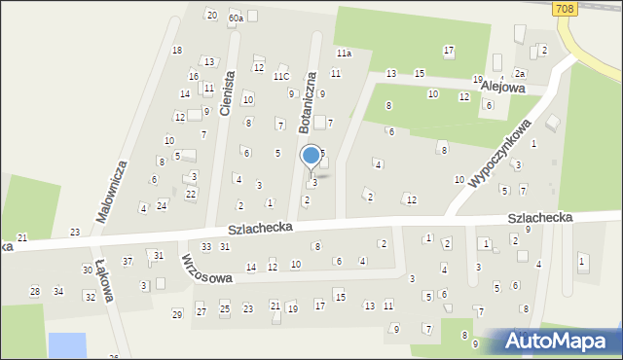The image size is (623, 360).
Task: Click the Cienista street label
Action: pyautogui.click(x=227, y=94)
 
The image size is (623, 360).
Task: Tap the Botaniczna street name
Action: pyautogui.click(x=308, y=101)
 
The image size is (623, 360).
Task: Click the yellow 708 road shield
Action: pyautogui.click(x=564, y=8)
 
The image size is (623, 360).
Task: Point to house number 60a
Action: pyautogui.click(x=236, y=18)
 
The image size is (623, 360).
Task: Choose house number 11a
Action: pyautogui.click(x=344, y=52)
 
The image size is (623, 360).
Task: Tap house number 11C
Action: pyautogui.click(x=281, y=76)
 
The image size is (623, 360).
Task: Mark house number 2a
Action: pyautogui.click(x=520, y=74)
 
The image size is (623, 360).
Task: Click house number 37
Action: pyautogui.click(x=128, y=262)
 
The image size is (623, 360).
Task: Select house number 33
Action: pyautogui.click(x=206, y=246)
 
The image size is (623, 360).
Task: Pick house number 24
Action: pyautogui.click(x=162, y=205)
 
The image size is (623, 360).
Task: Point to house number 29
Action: pyautogui.click(x=177, y=313)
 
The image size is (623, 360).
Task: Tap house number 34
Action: pyautogui.click(x=58, y=291)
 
